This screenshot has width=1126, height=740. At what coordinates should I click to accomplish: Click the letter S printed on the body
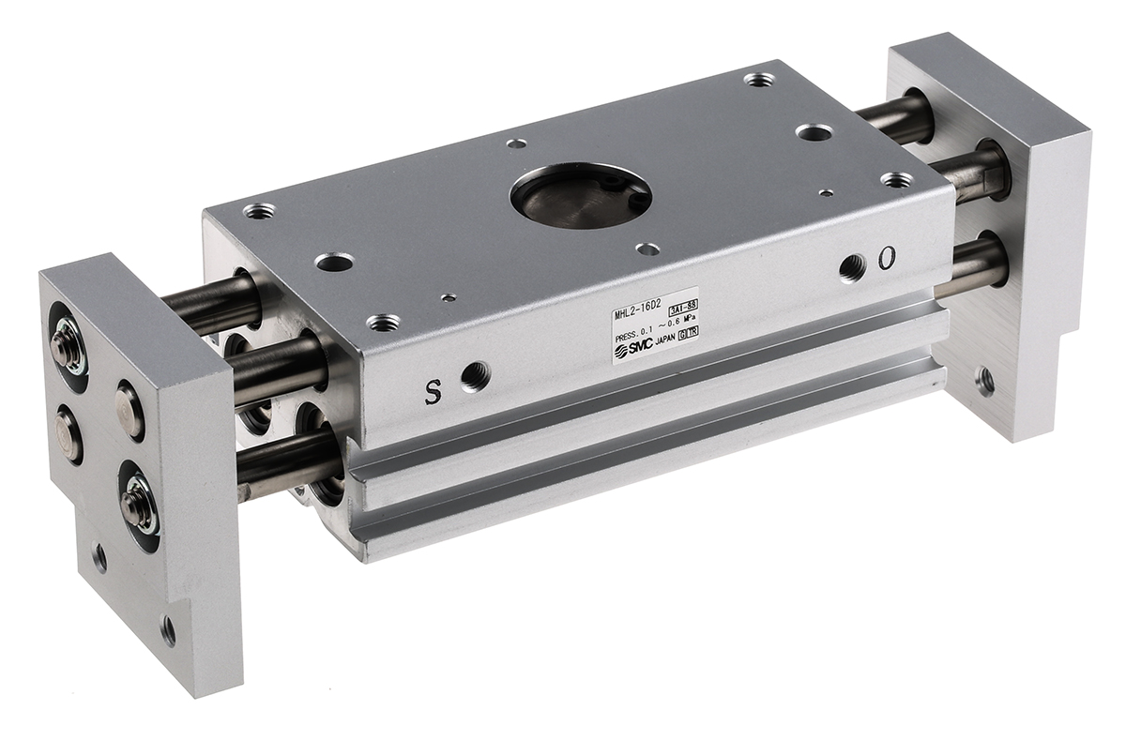point(433,393)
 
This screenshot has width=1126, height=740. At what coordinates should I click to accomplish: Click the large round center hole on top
point(580,195)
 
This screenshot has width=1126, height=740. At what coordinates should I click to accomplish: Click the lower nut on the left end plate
point(134,499)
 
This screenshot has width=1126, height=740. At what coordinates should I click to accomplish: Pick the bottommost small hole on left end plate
point(168,628)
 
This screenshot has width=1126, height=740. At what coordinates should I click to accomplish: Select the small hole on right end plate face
point(984,381)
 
